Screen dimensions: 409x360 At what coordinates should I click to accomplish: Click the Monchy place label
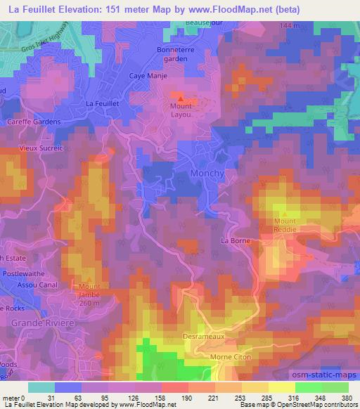(207, 174)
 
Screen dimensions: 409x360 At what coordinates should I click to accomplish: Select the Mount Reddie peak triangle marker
(285, 214)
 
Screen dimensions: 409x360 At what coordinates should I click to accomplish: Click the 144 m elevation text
(288, 25)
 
